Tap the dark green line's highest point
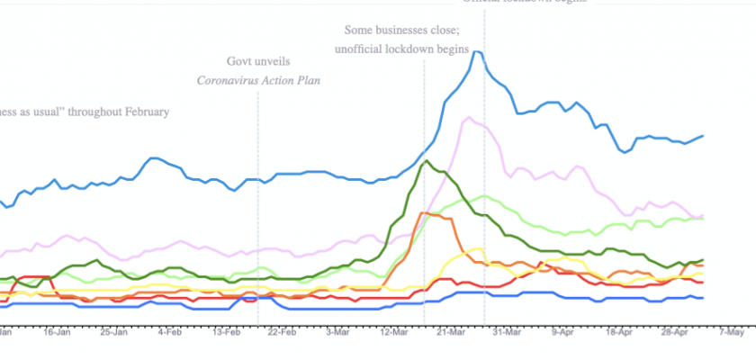(x=424, y=162)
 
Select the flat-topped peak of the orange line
(x=430, y=213)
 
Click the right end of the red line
(x=702, y=282)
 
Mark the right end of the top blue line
(x=703, y=136)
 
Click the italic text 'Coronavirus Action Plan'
(x=259, y=80)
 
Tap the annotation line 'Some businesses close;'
(x=402, y=30)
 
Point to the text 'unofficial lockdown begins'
(x=402, y=49)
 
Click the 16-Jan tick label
(x=57, y=332)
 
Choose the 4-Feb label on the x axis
(x=171, y=332)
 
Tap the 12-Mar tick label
(x=394, y=332)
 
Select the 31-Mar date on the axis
(x=505, y=332)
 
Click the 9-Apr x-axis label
(x=562, y=332)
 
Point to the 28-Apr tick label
(x=673, y=332)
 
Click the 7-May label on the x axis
(x=731, y=332)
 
